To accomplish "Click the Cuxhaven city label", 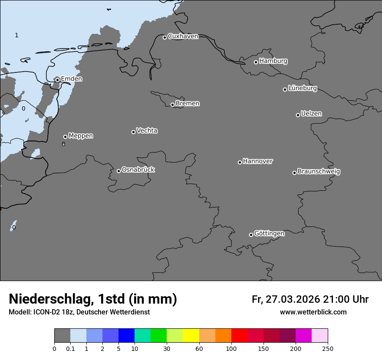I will [183, 36].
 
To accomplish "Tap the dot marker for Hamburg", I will [256, 62].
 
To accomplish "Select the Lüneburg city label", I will [302, 88].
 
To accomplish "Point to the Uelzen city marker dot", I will [298, 115].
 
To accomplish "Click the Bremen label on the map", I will [188, 104].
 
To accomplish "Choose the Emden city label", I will [71, 79].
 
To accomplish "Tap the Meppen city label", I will [81, 136].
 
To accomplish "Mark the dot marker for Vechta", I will [133, 132].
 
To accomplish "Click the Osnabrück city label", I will [138, 170].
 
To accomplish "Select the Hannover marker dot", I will [240, 162].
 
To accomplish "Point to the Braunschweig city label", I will [319, 172].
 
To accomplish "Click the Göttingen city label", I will [269, 234].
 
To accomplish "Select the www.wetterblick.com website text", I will [313, 312].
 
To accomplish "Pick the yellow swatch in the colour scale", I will [191, 336].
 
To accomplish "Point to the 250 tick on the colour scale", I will [327, 348].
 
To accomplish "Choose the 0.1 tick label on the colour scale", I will [70, 348].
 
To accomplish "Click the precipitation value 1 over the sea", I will [16, 36].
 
